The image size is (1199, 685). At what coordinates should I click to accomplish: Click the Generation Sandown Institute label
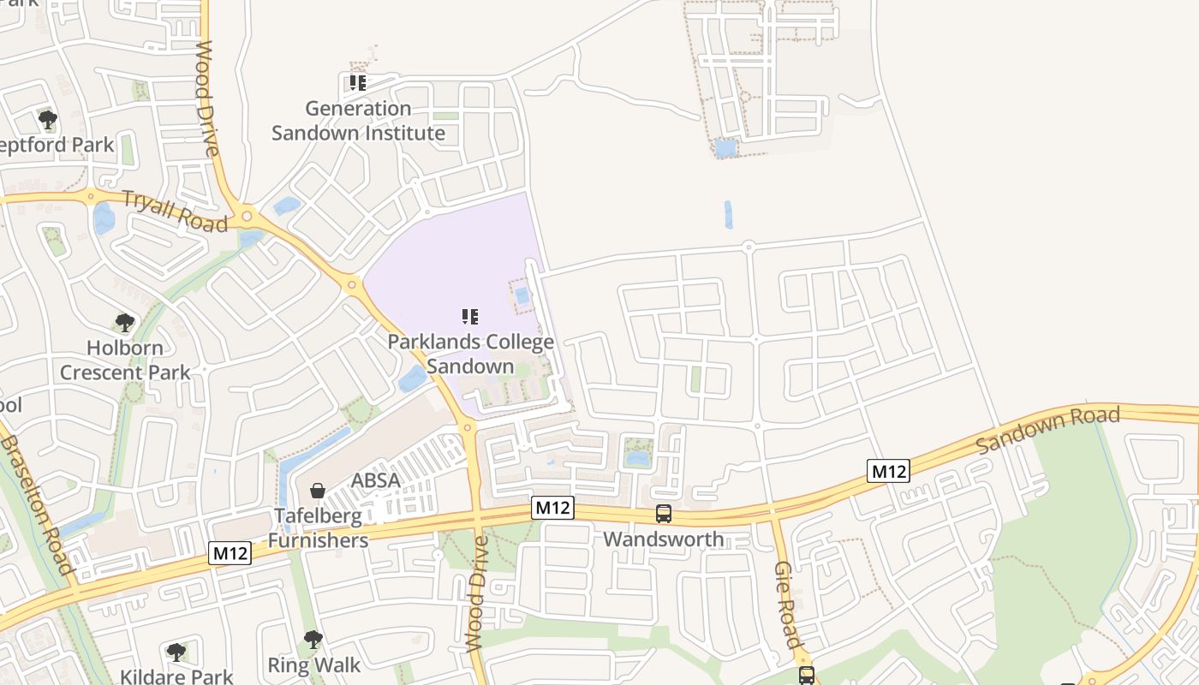pos(358,121)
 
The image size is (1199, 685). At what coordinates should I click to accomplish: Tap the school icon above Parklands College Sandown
pos(470,317)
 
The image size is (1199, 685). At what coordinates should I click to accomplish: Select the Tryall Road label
pos(175,211)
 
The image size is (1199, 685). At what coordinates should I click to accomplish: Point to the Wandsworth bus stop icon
pos(664,514)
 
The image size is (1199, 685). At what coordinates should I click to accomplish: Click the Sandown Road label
pos(1047,430)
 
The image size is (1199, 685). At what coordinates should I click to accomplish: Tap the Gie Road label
pos(787,605)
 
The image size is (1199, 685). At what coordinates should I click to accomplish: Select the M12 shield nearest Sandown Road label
pos(887,471)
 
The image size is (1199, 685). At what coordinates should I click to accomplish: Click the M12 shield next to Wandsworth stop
pos(552,508)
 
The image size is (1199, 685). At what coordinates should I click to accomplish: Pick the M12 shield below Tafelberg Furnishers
pos(230,554)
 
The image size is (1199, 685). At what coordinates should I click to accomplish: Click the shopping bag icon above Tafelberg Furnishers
pos(318,491)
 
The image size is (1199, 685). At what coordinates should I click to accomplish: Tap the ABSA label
pos(375,480)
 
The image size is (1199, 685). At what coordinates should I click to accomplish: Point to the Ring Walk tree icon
pos(313,640)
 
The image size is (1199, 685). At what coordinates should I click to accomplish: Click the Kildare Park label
pos(176,676)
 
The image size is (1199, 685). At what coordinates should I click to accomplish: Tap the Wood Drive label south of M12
pos(476,593)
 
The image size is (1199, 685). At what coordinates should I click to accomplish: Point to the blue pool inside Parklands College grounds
pos(522,296)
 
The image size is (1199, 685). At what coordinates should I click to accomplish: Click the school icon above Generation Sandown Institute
pos(358,83)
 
